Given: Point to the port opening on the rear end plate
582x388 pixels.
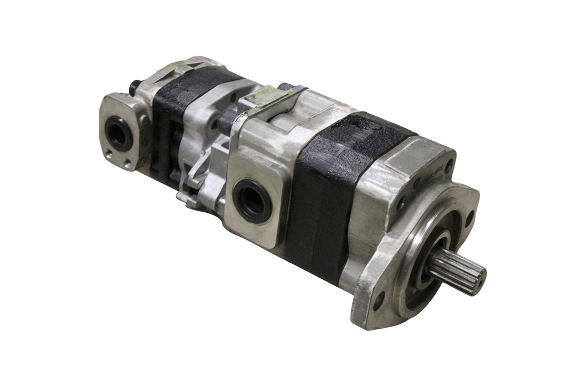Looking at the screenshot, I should tap(118, 133).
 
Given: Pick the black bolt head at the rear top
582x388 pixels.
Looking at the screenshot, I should tap(134, 88).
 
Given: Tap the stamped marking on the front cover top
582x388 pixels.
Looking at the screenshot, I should tap(430, 170).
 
